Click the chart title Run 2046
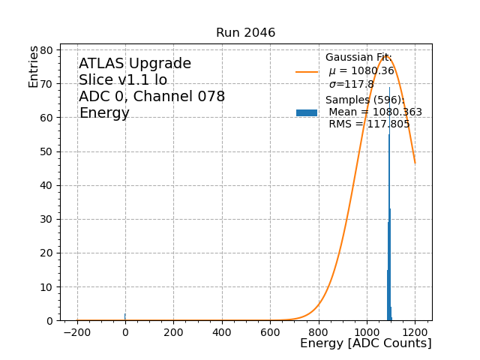[245, 33]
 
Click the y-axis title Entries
[34, 67]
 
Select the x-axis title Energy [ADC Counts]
[365, 343]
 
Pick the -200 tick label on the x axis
[77, 331]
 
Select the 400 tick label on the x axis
[222, 331]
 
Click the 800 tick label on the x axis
[319, 331]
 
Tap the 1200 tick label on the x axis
[415, 331]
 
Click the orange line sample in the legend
[307, 72]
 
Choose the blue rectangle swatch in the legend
[307, 112]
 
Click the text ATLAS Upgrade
[135, 64]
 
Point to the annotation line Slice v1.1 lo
[123, 80]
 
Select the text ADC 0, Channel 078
[151, 97]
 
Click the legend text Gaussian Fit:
[358, 58]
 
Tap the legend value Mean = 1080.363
[375, 112]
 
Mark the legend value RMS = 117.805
[369, 124]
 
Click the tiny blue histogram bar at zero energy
[125, 317]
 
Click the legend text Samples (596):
[364, 100]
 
